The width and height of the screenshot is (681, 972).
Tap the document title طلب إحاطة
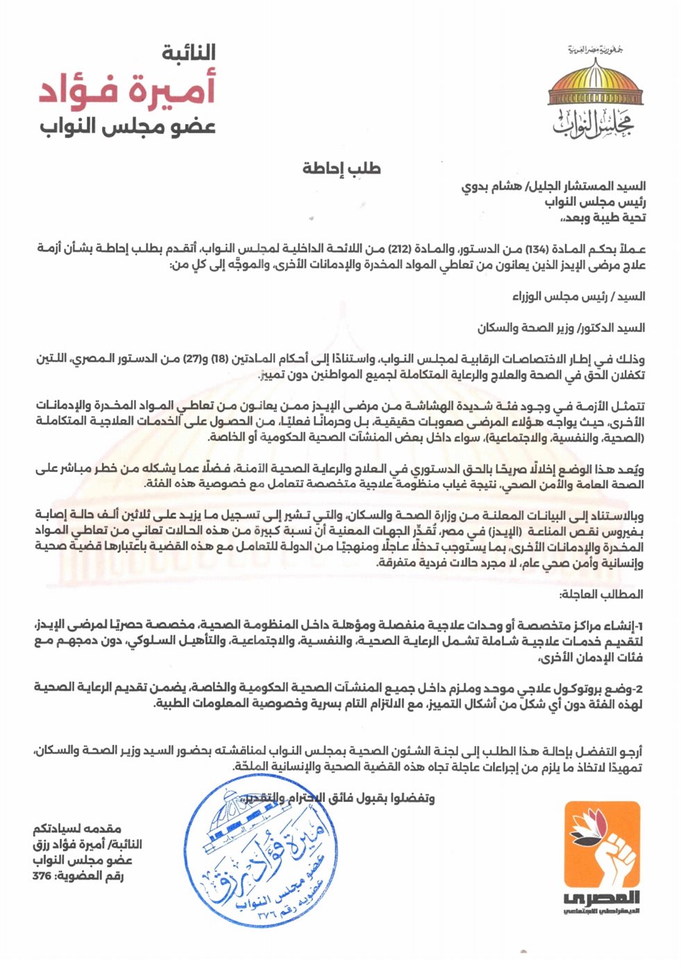pyautogui.click(x=342, y=168)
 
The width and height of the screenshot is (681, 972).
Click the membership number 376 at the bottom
pyautogui.click(x=43, y=875)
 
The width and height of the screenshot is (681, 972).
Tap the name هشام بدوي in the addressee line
pyautogui.click(x=489, y=186)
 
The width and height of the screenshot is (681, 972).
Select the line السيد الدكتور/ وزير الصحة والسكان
pyautogui.click(x=561, y=328)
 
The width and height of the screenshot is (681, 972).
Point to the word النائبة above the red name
pyautogui.click(x=188, y=53)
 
